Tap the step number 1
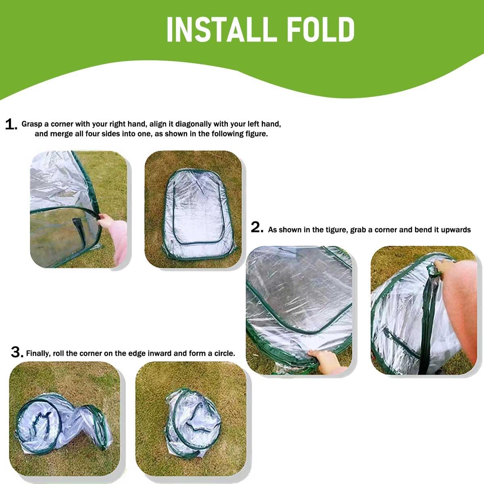(11, 124)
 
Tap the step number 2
(257, 228)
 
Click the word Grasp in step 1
(31, 124)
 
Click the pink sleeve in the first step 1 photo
(120, 246)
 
